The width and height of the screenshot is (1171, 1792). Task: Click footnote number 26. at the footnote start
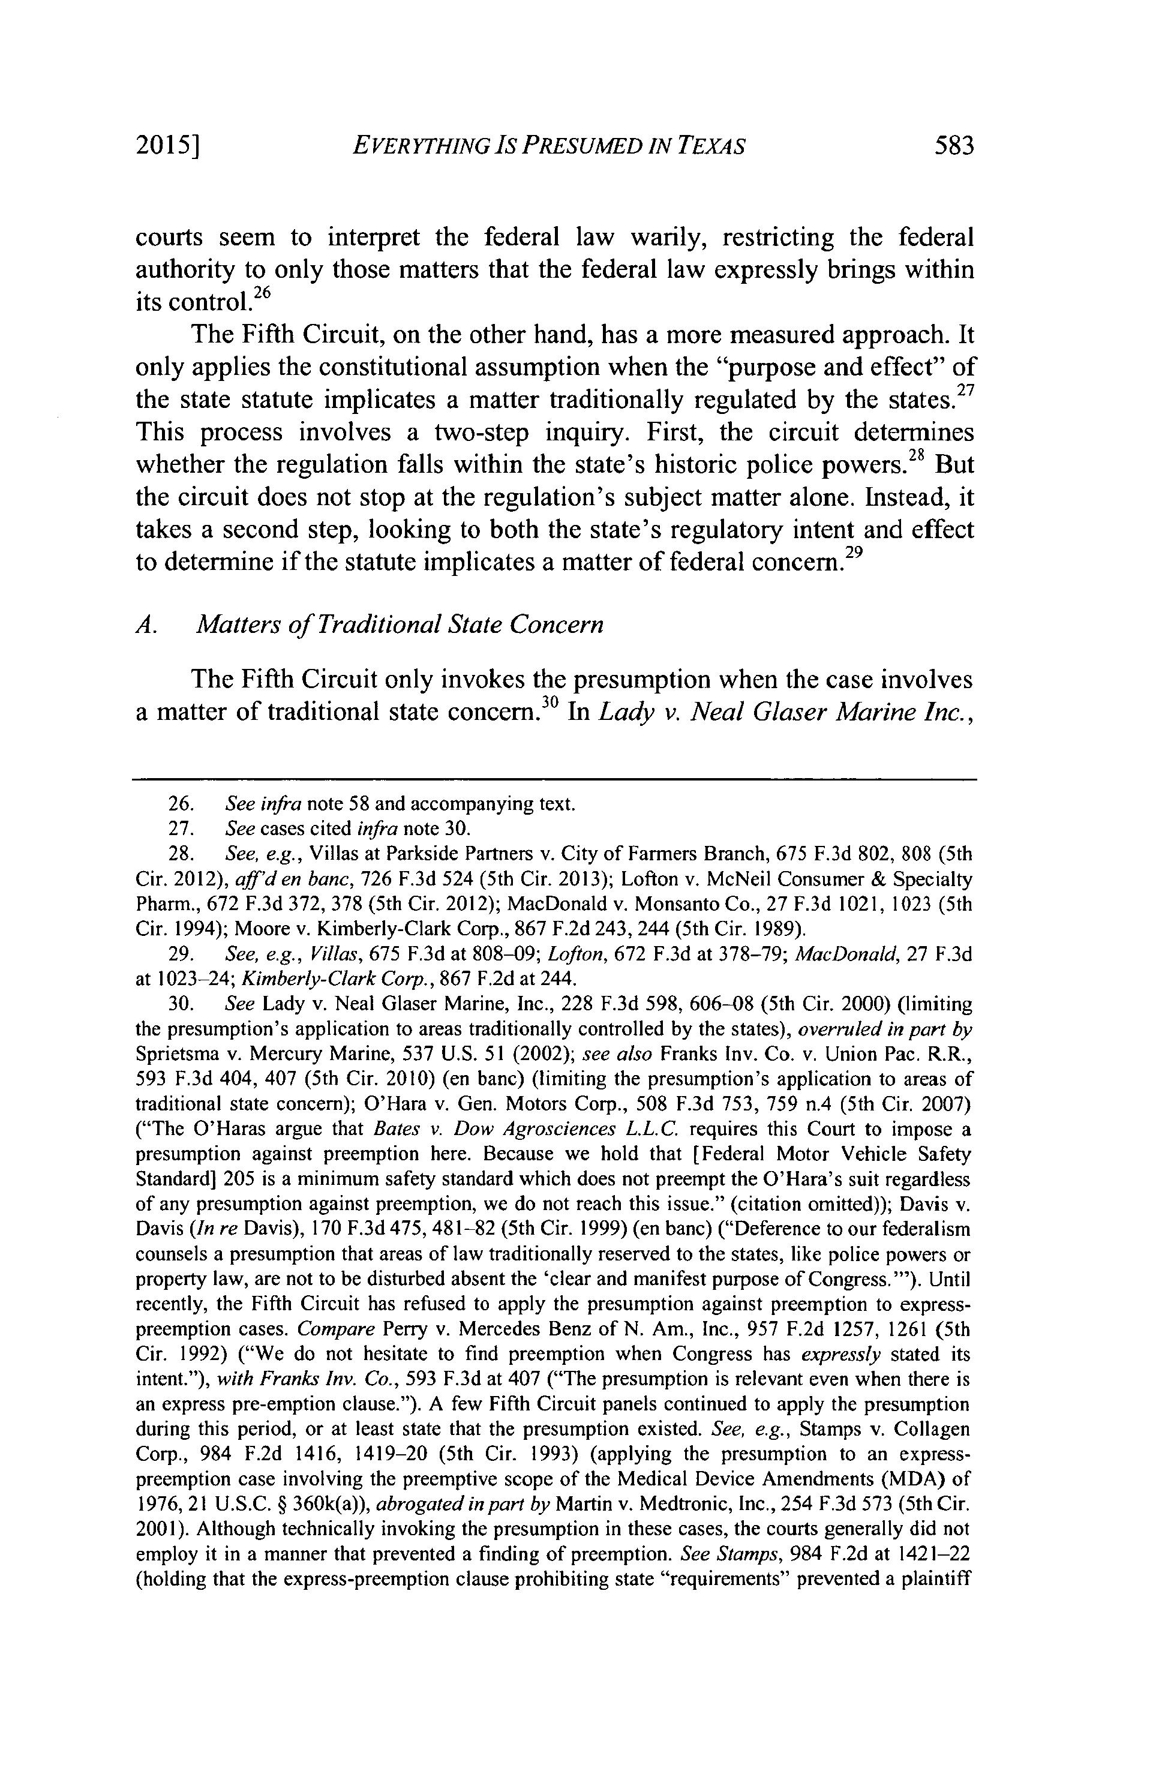click(178, 804)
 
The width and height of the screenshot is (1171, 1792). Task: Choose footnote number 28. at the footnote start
click(178, 854)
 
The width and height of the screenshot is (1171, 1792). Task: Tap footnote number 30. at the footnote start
click(178, 1004)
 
